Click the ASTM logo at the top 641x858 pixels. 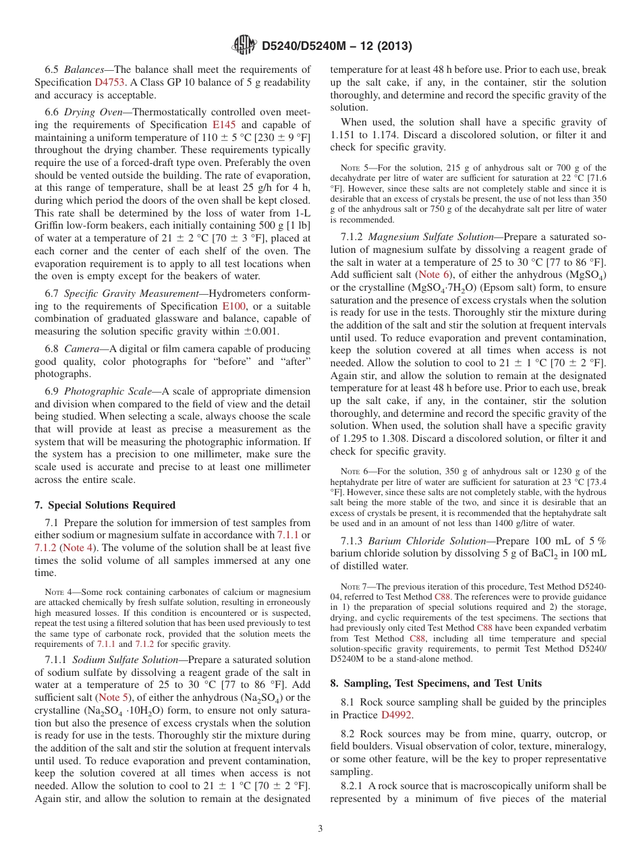[x=244, y=46]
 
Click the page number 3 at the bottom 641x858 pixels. [x=320, y=828]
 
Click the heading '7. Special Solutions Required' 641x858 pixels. [x=105, y=505]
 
